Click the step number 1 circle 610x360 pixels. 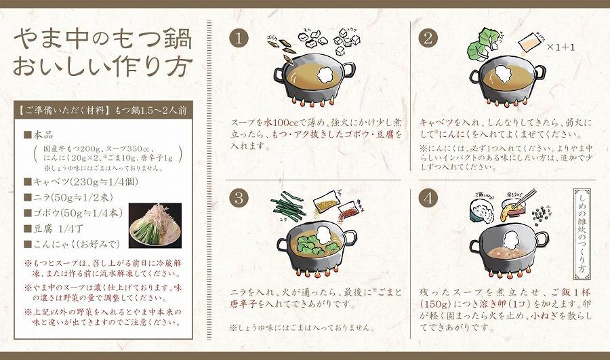point(238,38)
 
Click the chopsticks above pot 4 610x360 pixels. point(521,199)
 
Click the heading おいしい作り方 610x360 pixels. point(102,67)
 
